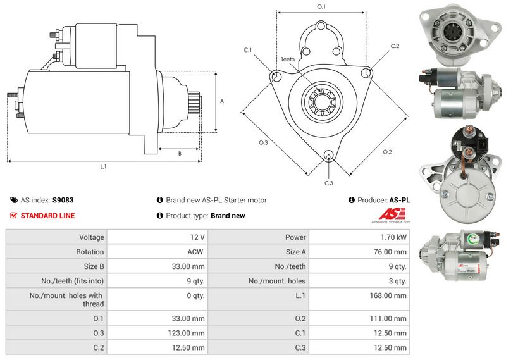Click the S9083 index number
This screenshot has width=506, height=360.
tap(63, 200)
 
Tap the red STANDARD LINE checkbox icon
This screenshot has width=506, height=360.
tap(14, 216)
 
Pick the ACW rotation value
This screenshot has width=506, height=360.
tap(197, 252)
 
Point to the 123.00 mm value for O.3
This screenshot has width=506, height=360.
tap(189, 333)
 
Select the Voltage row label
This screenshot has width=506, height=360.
tap(91, 237)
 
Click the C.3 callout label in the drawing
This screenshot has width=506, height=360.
tap(328, 183)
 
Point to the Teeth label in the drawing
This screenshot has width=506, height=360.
tap(288, 59)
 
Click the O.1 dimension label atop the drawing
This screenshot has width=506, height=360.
tap(321, 7)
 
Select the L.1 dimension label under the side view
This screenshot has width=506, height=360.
tap(103, 167)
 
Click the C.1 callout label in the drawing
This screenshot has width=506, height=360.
tap(247, 50)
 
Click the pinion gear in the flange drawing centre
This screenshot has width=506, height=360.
tap(321, 101)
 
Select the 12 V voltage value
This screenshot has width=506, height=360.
tap(197, 237)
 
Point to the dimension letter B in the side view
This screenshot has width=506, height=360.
tap(179, 153)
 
